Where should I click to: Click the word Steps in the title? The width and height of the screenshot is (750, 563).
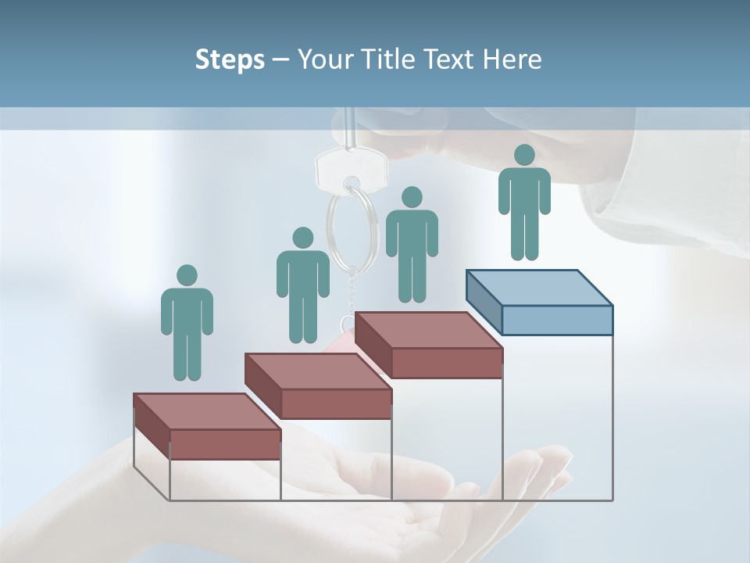pos(230,59)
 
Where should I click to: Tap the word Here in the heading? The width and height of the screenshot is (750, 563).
pos(512,59)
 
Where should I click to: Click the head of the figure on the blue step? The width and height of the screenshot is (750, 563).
pos(524,155)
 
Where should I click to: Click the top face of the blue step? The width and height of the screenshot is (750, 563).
pos(539,288)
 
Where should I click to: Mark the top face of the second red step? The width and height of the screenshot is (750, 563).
pos(317,371)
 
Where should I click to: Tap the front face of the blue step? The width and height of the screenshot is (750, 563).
pos(557,320)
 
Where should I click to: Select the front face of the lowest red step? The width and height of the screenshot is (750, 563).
pos(225,444)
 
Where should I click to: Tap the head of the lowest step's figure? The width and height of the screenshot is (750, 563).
pos(187,275)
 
